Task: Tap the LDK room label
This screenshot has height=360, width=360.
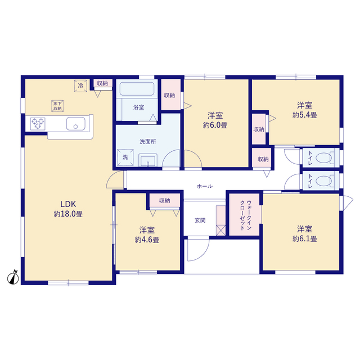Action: (x=68, y=204)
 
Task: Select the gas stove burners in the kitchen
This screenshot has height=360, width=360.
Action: (x=38, y=124)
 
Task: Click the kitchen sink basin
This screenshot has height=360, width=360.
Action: (x=76, y=124)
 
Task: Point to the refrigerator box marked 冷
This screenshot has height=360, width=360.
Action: (x=80, y=86)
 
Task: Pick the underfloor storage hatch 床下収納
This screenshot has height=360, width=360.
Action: (x=57, y=106)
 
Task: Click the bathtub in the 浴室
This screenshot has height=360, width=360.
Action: (x=137, y=89)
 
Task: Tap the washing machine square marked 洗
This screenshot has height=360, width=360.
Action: (x=125, y=157)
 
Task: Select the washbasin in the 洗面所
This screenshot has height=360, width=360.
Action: (x=148, y=160)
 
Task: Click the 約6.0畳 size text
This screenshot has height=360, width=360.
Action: (x=215, y=125)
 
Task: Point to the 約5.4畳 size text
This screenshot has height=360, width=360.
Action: (x=305, y=115)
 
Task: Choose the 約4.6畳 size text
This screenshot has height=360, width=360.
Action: (x=147, y=240)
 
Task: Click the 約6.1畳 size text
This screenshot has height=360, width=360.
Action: (x=305, y=238)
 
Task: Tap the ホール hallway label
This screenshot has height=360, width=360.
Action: (x=205, y=186)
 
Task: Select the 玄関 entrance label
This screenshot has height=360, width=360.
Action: (x=200, y=220)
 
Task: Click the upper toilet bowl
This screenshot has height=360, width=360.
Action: (x=324, y=158)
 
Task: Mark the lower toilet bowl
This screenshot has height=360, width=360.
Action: (x=324, y=181)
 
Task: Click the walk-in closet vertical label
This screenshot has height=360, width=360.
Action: (x=246, y=215)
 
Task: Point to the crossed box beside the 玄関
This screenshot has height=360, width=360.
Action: (x=221, y=230)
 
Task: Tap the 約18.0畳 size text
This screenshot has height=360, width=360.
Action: (x=68, y=214)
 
